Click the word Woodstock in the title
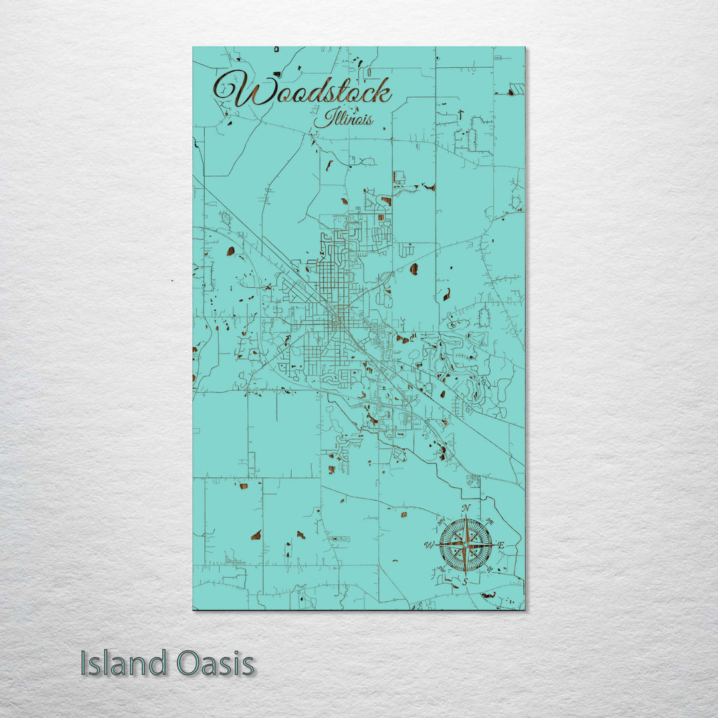click(302, 91)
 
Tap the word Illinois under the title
click(344, 120)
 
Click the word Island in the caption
click(124, 663)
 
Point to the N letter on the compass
click(466, 509)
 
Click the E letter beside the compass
click(501, 546)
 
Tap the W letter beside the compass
click(429, 546)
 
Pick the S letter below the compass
click(465, 581)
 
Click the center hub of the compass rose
click(465, 545)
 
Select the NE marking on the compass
click(491, 520)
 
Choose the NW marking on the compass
click(441, 521)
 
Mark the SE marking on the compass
click(491, 570)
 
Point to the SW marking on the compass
click(441, 570)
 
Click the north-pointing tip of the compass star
click(465, 517)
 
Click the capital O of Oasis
click(189, 663)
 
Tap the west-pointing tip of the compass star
click(437, 545)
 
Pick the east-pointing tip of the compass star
click(494, 545)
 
